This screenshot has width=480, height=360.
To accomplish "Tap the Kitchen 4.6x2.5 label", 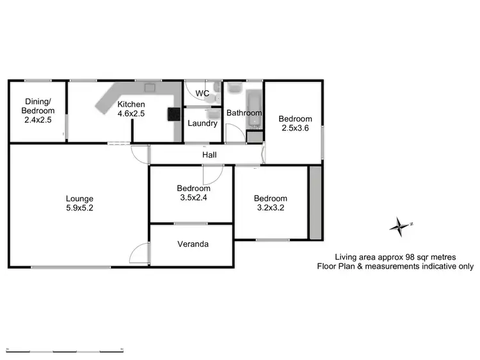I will tap(131, 109).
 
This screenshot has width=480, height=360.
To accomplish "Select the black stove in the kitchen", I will tap(174, 114).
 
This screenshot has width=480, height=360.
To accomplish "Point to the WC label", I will tap(203, 93).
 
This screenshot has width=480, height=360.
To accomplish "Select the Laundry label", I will tap(202, 123).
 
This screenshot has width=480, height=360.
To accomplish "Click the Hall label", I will tap(209, 155).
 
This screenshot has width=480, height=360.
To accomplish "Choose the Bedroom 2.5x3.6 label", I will tap(294, 123).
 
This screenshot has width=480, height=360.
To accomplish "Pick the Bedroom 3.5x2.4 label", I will tap(193, 193).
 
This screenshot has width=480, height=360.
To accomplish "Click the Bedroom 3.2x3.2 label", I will tap(270, 203).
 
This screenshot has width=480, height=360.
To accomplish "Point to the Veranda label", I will tap(193, 244).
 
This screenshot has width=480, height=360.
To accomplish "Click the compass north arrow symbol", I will tap(399, 225).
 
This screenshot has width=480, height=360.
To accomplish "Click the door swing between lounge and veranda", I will tap(139, 255).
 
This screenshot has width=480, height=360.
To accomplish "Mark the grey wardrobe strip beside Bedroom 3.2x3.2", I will tap(315, 203).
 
